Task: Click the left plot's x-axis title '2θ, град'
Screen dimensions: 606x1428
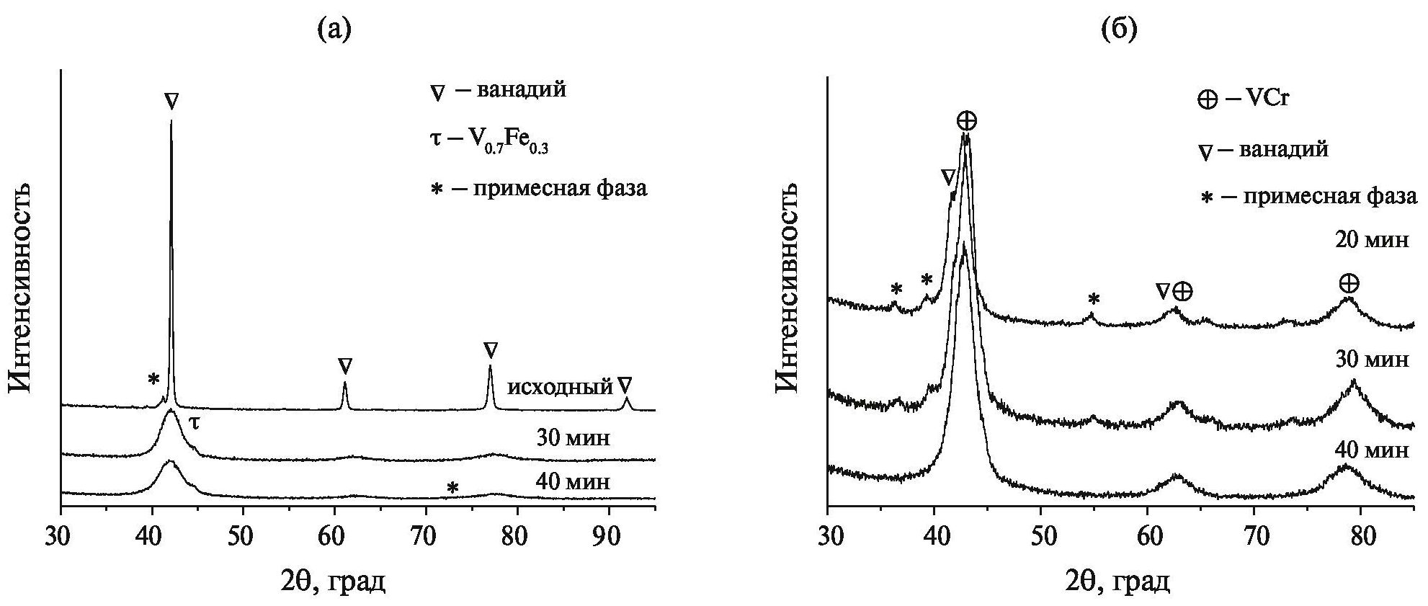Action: pos(332,579)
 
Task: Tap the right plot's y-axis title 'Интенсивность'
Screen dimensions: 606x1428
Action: pos(787,287)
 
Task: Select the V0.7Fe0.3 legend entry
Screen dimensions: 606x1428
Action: pos(494,140)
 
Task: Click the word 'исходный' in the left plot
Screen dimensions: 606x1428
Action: pos(559,387)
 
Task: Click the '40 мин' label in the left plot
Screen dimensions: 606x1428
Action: pos(573,481)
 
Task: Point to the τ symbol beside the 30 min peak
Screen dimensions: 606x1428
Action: pos(194,424)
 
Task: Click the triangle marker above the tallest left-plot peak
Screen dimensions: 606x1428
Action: pos(171,101)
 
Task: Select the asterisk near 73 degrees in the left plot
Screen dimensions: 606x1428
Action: pos(452,489)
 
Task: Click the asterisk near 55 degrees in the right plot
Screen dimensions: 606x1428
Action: pos(1093,299)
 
